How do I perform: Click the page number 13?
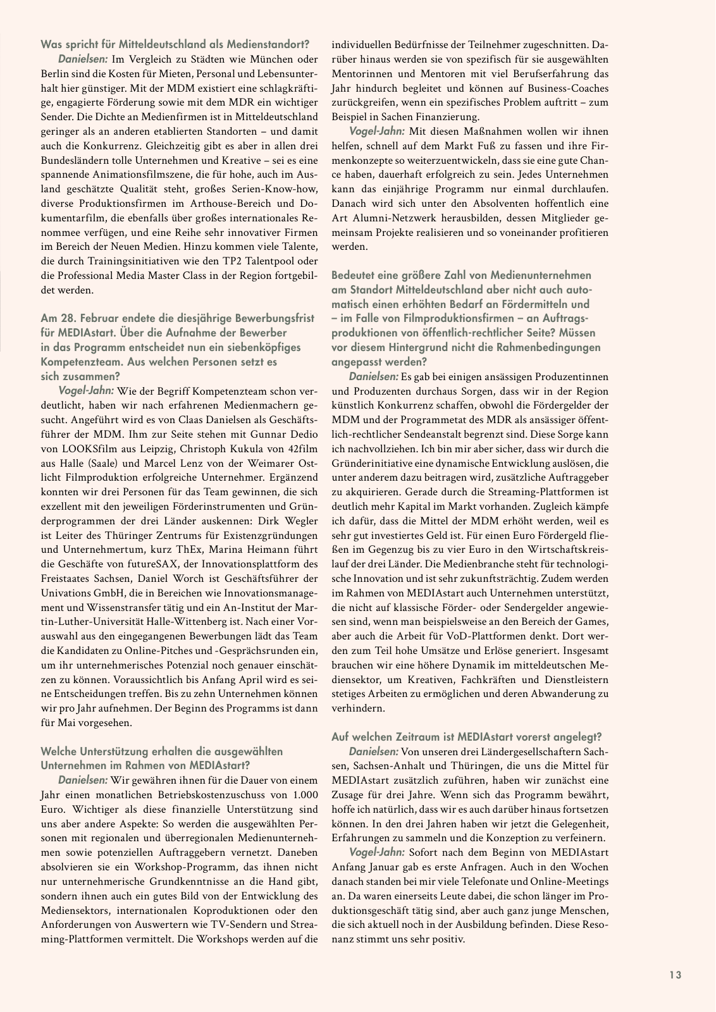675,975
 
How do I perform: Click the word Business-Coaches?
565,88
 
